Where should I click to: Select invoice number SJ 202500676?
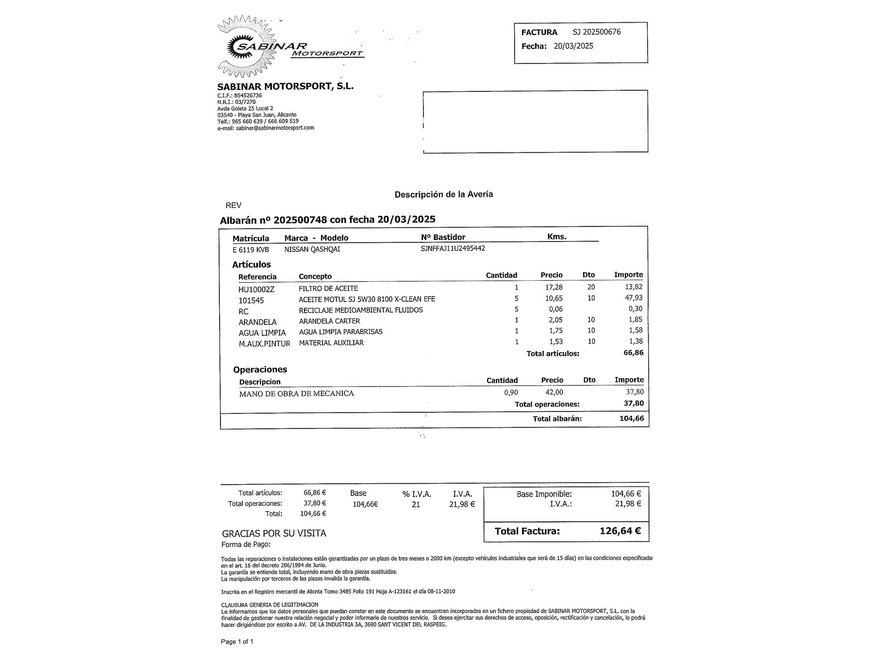pyautogui.click(x=597, y=32)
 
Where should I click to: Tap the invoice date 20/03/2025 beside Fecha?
pyautogui.click(x=573, y=46)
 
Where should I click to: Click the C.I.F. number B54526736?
pyautogui.click(x=248, y=95)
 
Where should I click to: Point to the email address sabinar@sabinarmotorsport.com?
pyautogui.click(x=275, y=128)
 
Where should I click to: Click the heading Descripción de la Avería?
pyautogui.click(x=444, y=195)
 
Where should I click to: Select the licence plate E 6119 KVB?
pyautogui.click(x=251, y=249)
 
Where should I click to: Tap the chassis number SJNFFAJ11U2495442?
pyautogui.click(x=453, y=249)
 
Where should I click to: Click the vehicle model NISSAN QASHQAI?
pyautogui.click(x=312, y=249)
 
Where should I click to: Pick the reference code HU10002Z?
pyautogui.click(x=256, y=289)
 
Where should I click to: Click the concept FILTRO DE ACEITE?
pyautogui.click(x=328, y=288)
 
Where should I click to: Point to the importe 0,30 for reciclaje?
pyautogui.click(x=636, y=309)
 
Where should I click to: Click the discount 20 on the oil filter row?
pyautogui.click(x=591, y=287)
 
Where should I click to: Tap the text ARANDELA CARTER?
pyautogui.click(x=330, y=321)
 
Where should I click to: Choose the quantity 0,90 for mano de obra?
pyautogui.click(x=511, y=392)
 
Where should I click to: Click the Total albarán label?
pyautogui.click(x=557, y=419)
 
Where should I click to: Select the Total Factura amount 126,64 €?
pyautogui.click(x=620, y=531)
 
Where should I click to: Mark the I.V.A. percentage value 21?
pyautogui.click(x=416, y=505)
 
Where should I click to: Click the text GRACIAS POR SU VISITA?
pyautogui.click(x=274, y=533)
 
